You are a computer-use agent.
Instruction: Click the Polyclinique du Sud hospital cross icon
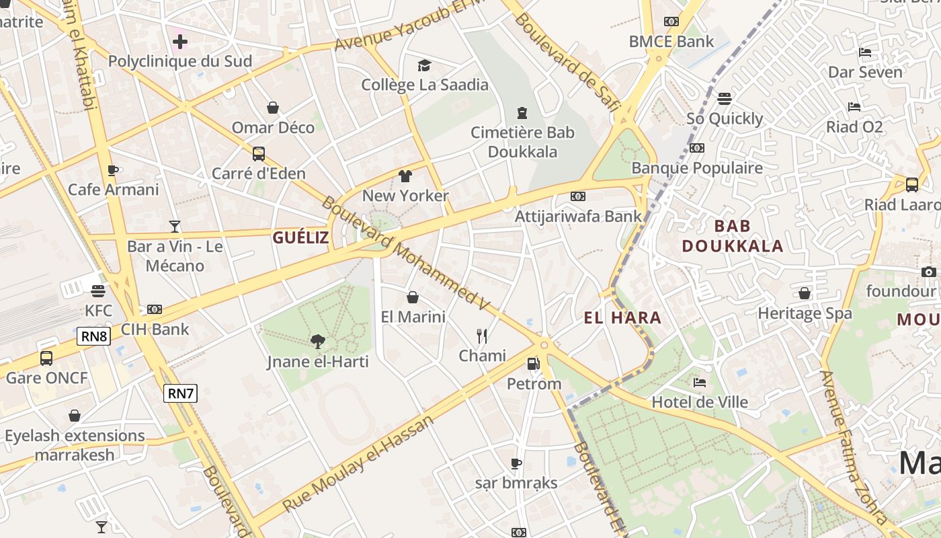[x=179, y=42]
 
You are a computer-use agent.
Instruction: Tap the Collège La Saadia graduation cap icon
[x=424, y=65]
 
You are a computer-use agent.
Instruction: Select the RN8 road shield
[x=93, y=336]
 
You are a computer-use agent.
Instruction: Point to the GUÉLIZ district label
[x=300, y=237]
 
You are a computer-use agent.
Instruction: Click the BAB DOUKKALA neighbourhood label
[x=733, y=235]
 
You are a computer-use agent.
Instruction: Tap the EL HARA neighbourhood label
[x=622, y=318]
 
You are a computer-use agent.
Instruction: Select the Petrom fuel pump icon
[x=533, y=364]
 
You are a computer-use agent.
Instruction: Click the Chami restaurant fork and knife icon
[x=482, y=336]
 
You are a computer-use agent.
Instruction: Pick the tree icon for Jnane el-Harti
[x=318, y=342]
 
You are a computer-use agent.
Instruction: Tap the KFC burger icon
[x=98, y=291]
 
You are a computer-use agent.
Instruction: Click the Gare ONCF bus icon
[x=46, y=358]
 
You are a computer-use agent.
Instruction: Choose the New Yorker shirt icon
[x=405, y=176]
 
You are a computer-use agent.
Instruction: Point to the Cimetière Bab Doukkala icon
[x=522, y=112]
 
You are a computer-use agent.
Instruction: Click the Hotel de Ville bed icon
[x=700, y=383]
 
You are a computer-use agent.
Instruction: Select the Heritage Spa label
[x=805, y=313]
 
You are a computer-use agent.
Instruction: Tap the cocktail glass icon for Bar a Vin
[x=175, y=227]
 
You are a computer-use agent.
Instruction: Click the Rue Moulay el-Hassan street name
[x=358, y=464]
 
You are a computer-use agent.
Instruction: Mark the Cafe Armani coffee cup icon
[x=113, y=170]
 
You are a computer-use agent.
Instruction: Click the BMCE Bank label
[x=671, y=42]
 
